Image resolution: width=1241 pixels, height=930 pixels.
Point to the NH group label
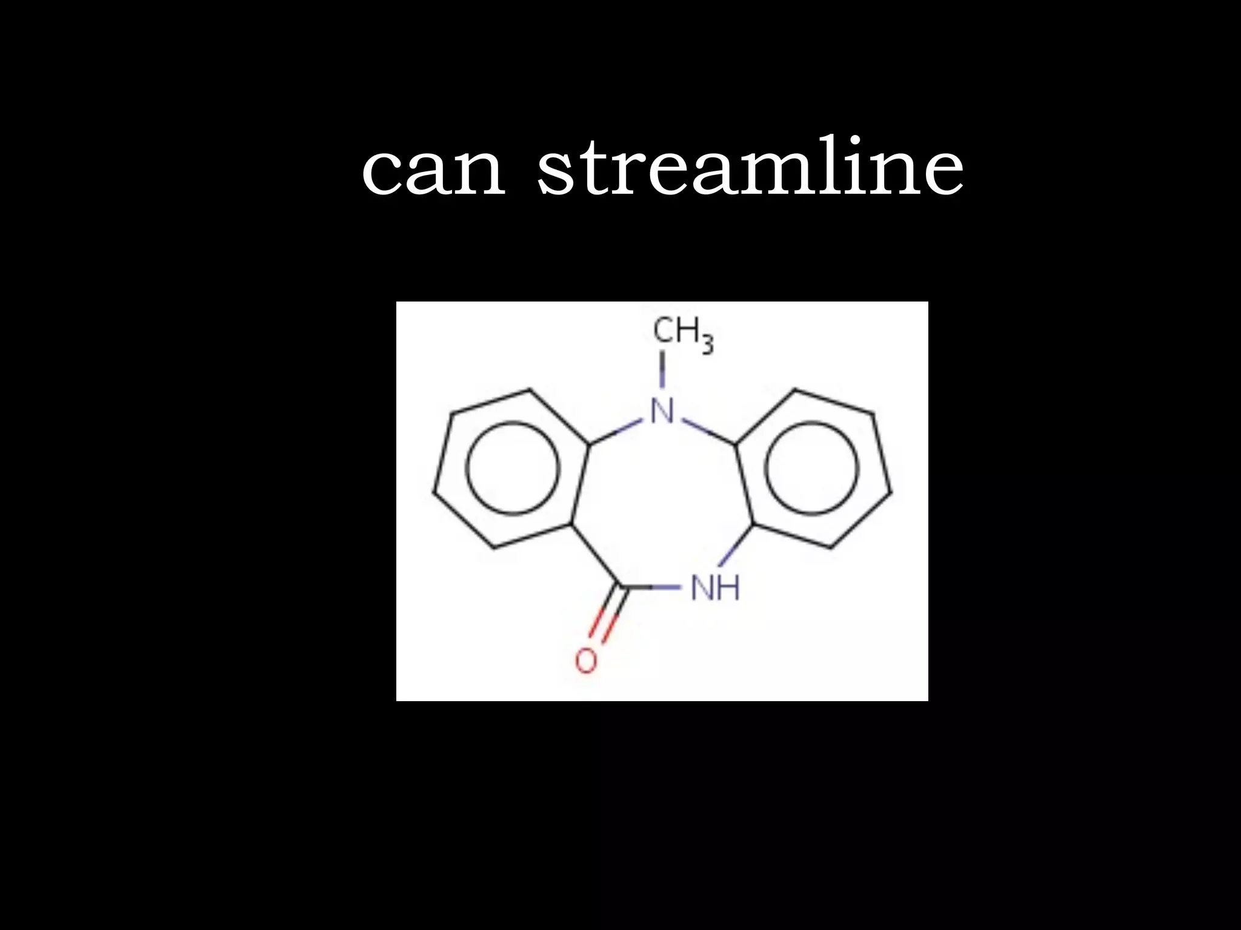point(715,587)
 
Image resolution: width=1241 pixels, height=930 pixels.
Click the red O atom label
point(586,661)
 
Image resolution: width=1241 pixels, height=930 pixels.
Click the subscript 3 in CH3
point(708,345)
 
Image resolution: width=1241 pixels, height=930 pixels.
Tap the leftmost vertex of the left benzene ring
point(434,491)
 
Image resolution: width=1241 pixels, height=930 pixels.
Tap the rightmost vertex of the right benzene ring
point(891,491)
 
